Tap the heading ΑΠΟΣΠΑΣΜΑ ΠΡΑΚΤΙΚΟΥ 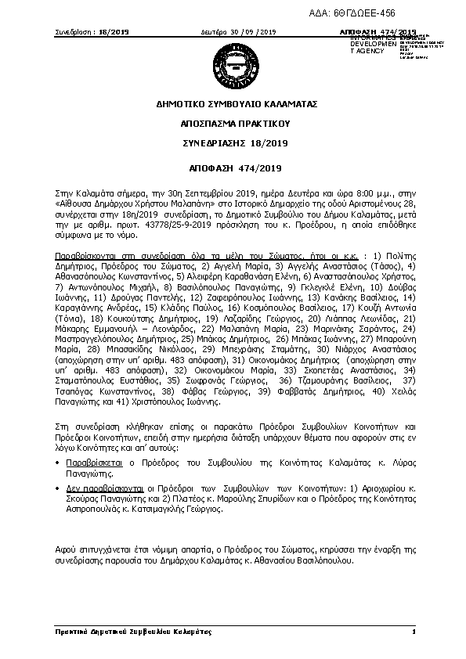233,123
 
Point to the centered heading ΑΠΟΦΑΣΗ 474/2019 233,167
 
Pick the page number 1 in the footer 412,631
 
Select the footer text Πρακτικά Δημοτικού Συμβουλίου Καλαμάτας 123,631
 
